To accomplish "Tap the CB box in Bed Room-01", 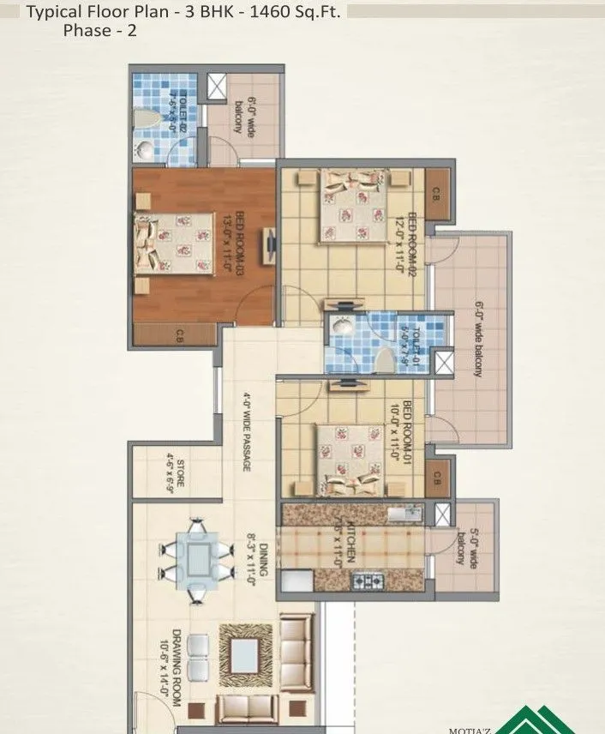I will (437, 478).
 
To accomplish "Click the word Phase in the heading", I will (86, 31).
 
